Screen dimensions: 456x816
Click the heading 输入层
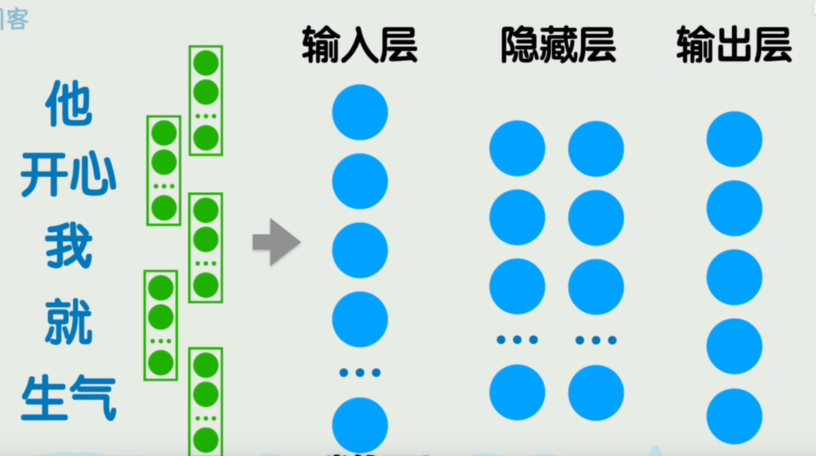coord(359,45)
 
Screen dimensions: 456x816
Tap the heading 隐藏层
coord(558,45)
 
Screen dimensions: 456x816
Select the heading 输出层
coord(734,45)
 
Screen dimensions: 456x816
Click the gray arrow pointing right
coord(276,242)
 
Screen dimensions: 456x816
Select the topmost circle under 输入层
coord(360,112)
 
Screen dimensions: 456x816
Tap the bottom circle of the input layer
coord(360,425)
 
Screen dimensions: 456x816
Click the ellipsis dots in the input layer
coord(360,372)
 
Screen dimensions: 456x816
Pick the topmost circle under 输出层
coord(734,139)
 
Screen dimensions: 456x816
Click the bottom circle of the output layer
coord(734,416)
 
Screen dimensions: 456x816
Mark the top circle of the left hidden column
coord(517,148)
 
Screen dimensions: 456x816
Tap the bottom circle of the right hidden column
coord(596,393)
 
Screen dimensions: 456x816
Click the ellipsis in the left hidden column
coord(517,340)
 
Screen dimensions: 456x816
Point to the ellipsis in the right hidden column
coord(596,340)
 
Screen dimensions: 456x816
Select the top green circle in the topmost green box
coord(206,63)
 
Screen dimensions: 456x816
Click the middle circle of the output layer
coord(734,277)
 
